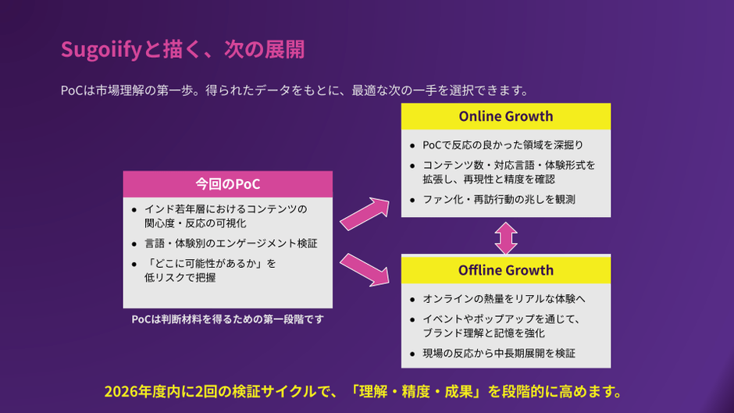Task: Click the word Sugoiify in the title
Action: pyautogui.click(x=101, y=50)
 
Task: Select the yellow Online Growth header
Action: pyautogui.click(x=506, y=116)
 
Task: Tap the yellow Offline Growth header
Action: pyautogui.click(x=506, y=270)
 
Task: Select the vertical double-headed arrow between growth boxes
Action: pyautogui.click(x=506, y=237)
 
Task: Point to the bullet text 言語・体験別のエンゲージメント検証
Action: pyautogui.click(x=230, y=243)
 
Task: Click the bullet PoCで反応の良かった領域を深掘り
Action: pyautogui.click(x=502, y=144)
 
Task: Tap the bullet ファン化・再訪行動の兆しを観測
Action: pyautogui.click(x=498, y=199)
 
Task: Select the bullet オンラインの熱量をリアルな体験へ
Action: pyautogui.click(x=504, y=298)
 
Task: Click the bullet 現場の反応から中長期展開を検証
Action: pyautogui.click(x=498, y=353)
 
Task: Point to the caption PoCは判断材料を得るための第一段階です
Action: pyautogui.click(x=227, y=319)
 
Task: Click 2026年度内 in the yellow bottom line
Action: pyautogui.click(x=140, y=390)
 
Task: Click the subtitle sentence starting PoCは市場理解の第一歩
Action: pyautogui.click(x=295, y=90)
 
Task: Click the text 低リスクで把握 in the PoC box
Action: pyautogui.click(x=179, y=277)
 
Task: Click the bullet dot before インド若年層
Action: pyautogui.click(x=134, y=209)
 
